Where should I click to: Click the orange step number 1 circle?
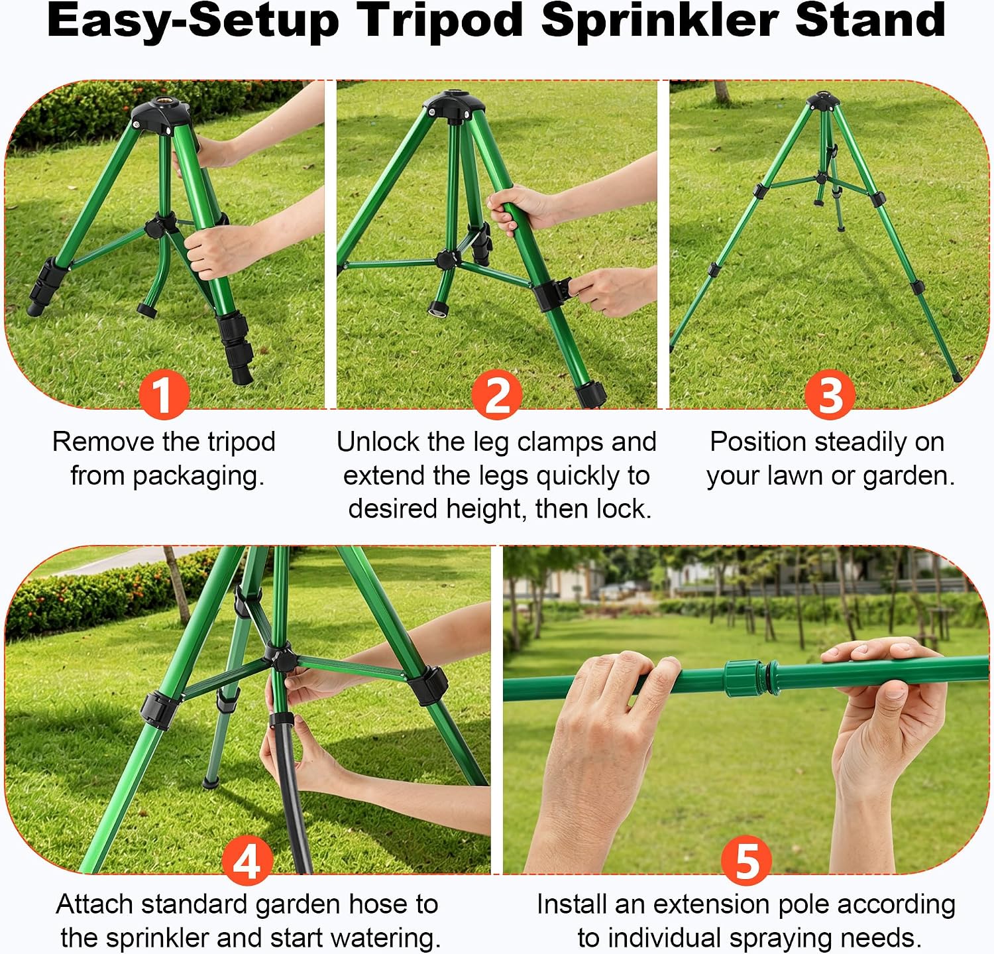pos(164,394)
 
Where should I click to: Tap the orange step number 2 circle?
pos(498,394)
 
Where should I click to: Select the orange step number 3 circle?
pos(830,394)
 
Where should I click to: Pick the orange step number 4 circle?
pos(247,861)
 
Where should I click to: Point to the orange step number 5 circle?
pos(747,861)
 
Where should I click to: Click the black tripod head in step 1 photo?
pos(162,115)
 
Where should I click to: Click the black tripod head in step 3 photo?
pos(823,101)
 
